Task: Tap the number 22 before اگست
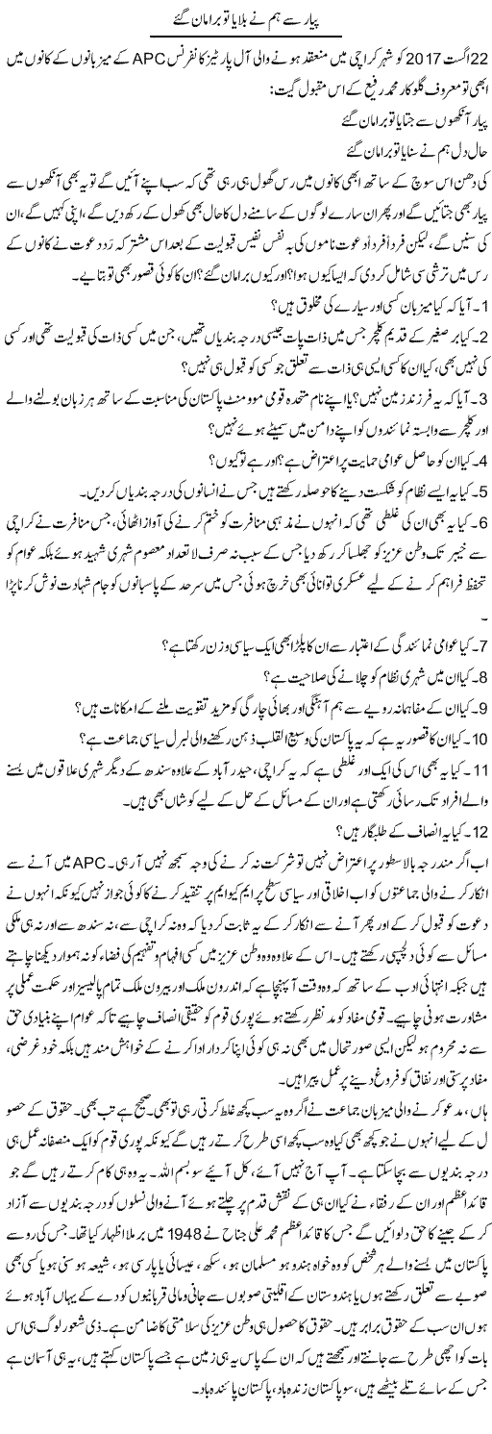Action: (478, 49)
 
